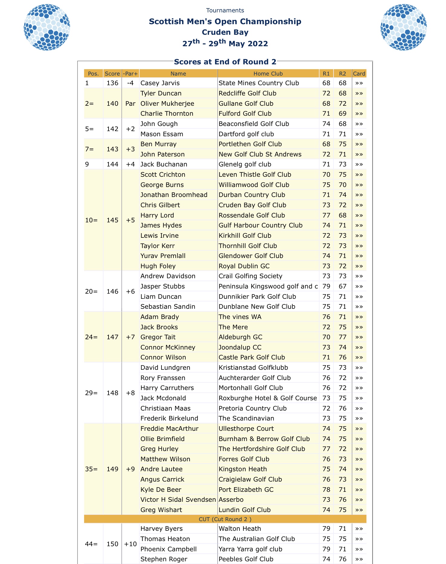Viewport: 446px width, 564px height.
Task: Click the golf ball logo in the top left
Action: coord(47,27)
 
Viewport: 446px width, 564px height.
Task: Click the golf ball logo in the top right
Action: coord(403,27)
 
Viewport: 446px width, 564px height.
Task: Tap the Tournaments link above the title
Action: coord(225,11)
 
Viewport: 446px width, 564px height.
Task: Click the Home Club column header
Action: coord(268,74)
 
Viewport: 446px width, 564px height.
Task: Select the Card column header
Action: coord(359,74)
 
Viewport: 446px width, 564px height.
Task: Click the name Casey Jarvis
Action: coord(160,83)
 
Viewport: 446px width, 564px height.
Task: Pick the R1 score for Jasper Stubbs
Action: coord(326,286)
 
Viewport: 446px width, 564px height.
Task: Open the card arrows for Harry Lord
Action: coord(359,215)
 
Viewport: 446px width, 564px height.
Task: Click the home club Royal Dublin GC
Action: coord(244,266)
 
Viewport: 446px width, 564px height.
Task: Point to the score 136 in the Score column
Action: coord(112,83)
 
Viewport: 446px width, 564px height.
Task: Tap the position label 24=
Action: coord(91,337)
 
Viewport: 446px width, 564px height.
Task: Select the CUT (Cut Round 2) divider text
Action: coord(225,519)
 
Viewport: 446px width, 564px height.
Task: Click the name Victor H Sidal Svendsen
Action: coord(178,500)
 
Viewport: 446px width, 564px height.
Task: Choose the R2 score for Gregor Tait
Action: coord(343,337)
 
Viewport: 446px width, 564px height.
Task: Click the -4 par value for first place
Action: coord(130,83)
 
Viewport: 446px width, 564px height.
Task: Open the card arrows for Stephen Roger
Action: coord(359,559)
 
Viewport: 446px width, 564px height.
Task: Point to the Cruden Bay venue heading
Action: coord(225,32)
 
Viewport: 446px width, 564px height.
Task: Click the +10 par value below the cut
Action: coord(130,544)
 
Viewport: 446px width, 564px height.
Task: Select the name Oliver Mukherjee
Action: coord(167,104)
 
